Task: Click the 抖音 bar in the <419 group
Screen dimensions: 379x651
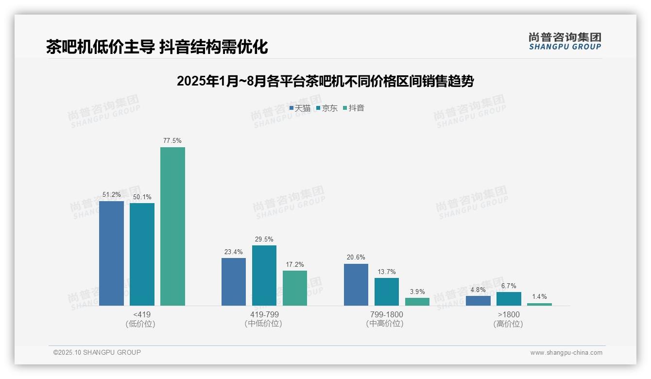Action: [x=172, y=226]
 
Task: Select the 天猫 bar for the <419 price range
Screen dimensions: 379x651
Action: [x=111, y=253]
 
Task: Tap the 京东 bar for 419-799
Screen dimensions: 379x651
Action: [x=264, y=276]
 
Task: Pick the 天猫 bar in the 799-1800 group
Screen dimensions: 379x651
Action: [x=356, y=285]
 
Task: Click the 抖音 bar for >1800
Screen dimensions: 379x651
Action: [x=539, y=304]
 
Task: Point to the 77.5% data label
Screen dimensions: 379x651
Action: [x=172, y=141]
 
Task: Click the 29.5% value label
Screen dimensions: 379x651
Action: [x=264, y=239]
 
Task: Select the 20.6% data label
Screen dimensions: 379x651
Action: [x=356, y=258]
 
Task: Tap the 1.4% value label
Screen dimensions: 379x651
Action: [x=539, y=296]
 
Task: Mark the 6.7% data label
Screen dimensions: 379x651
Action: [x=509, y=286]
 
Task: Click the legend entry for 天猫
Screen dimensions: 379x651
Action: [x=300, y=108]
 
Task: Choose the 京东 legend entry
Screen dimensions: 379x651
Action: [x=327, y=108]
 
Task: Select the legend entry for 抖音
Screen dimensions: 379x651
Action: [x=354, y=108]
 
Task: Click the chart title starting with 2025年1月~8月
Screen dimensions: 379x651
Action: [x=325, y=81]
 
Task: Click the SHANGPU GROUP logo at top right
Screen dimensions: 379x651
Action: [x=565, y=41]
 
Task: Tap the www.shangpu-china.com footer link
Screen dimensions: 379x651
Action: [x=566, y=353]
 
